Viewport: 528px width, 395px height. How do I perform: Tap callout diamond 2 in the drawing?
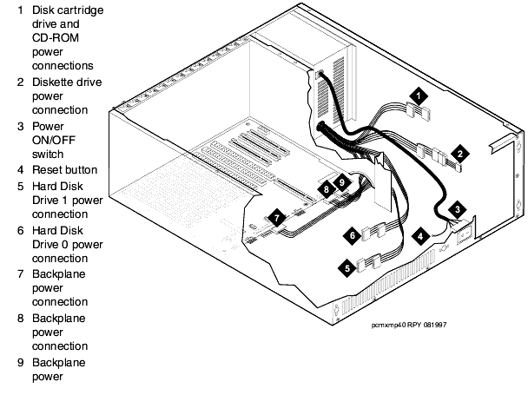pyautogui.click(x=461, y=153)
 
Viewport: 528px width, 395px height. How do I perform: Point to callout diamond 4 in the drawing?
pyautogui.click(x=420, y=234)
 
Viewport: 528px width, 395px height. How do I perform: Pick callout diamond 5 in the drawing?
pyautogui.click(x=349, y=268)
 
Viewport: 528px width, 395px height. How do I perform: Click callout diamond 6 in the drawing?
pyautogui.click(x=353, y=234)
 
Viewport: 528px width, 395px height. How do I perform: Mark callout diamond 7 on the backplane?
pyautogui.click(x=275, y=219)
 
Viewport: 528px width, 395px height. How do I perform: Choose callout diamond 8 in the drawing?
pyautogui.click(x=326, y=188)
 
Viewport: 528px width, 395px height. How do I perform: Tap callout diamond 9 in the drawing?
pyautogui.click(x=341, y=182)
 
